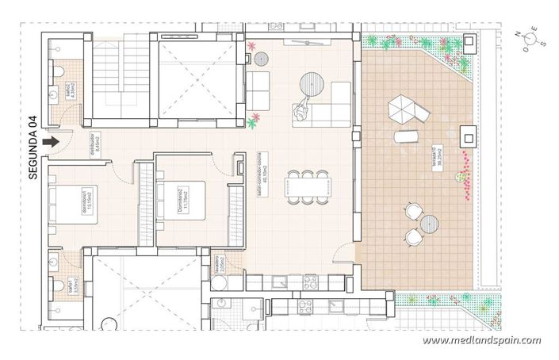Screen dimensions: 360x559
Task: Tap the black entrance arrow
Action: point(52,142)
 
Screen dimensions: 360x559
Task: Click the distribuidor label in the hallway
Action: point(75,141)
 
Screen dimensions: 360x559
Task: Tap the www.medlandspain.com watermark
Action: point(481,340)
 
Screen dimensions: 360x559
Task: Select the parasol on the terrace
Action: point(402,108)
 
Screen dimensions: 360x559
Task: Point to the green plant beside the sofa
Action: point(255,121)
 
